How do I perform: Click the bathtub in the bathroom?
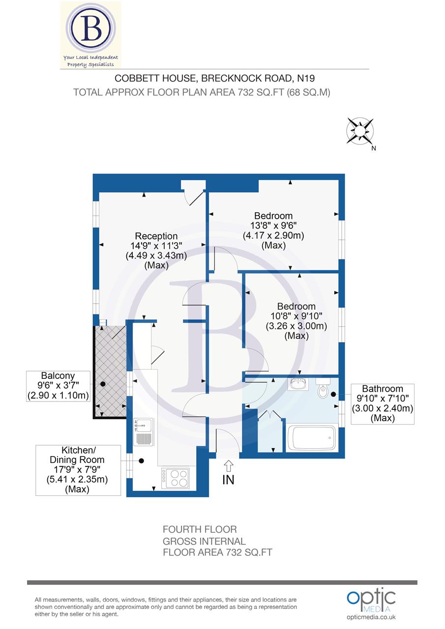pos(312,437)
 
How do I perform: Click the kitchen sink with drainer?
pos(143,431)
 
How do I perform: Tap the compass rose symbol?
pos(360,131)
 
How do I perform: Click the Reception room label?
pos(156,236)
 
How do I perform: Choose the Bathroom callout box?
pos(383,403)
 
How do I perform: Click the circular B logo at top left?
pos(91,29)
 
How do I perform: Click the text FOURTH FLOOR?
pos(200,529)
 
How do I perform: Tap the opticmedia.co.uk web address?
pos(371,617)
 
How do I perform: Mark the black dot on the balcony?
pos(103,384)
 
